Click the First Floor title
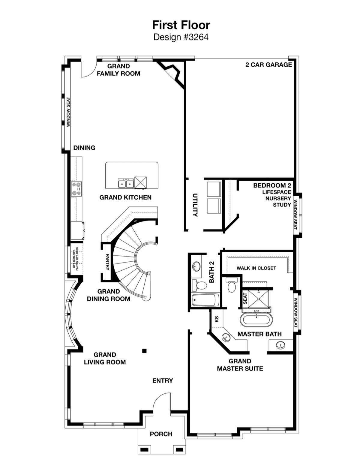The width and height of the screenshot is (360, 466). (181, 25)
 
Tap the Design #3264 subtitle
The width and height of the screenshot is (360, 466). (181, 37)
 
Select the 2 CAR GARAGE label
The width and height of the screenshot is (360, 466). (269, 65)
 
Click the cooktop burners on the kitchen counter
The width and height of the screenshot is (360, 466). (76, 189)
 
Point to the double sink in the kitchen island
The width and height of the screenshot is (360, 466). (126, 184)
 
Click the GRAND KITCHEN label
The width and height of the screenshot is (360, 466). (125, 197)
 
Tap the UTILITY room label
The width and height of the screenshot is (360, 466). (195, 205)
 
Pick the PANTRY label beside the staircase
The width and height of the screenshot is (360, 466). (107, 262)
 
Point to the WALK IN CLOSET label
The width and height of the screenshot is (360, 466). (256, 268)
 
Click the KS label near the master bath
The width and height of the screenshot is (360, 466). (217, 319)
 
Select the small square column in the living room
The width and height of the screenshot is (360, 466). (145, 351)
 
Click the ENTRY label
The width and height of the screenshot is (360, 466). (163, 381)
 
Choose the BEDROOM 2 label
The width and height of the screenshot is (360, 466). (272, 185)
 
